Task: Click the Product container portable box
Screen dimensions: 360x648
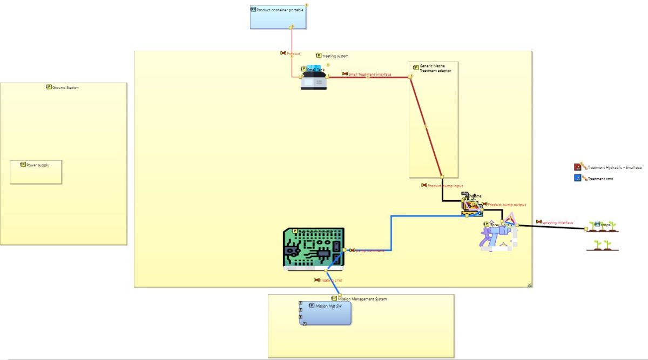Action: pyautogui.click(x=278, y=17)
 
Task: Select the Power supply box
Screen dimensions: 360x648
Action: pyautogui.click(x=36, y=172)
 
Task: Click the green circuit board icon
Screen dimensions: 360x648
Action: pyautogui.click(x=313, y=248)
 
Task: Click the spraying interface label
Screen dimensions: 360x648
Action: pyautogui.click(x=557, y=222)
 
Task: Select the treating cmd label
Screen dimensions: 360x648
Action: pyautogui.click(x=330, y=280)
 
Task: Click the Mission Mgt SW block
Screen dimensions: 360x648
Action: pyautogui.click(x=325, y=313)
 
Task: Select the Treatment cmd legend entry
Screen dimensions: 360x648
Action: pyautogui.click(x=599, y=179)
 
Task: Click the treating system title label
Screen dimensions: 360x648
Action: pyautogui.click(x=335, y=56)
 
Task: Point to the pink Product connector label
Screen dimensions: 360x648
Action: pyautogui.click(x=293, y=53)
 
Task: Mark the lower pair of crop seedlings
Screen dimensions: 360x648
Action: pyautogui.click(x=603, y=245)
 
